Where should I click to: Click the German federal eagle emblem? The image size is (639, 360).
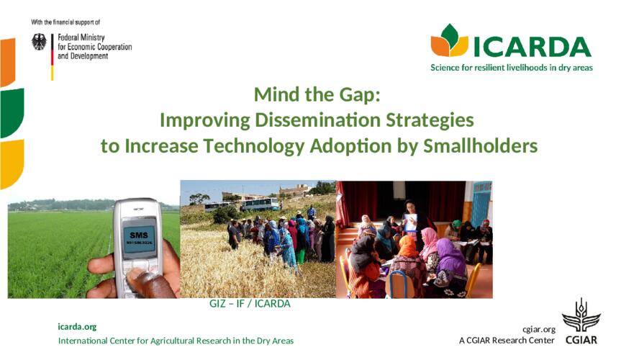click(39, 42)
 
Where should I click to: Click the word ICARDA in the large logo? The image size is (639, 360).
click(532, 47)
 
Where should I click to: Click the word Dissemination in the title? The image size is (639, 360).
click(318, 120)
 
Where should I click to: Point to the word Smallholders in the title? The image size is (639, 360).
click(481, 145)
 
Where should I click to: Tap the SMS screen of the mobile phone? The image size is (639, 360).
click(139, 239)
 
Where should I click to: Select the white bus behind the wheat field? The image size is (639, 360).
click(259, 204)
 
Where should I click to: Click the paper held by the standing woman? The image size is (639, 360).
click(410, 222)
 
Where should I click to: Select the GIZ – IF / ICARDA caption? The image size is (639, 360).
click(250, 304)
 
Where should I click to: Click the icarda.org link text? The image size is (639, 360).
click(77, 327)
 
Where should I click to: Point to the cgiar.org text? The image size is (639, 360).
click(539, 329)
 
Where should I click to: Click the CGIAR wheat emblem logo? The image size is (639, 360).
click(581, 315)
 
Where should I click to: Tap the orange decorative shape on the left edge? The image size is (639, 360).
click(7, 62)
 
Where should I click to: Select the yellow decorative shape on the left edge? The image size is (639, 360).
click(12, 164)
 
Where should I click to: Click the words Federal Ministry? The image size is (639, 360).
click(81, 37)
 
